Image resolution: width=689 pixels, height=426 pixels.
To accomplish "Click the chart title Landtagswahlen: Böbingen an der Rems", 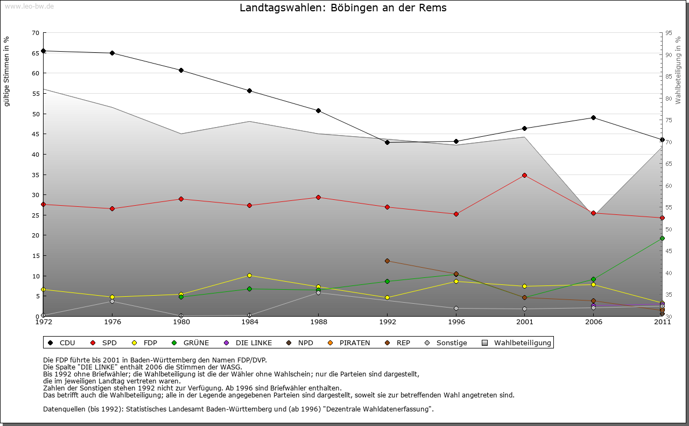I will [x=343, y=8].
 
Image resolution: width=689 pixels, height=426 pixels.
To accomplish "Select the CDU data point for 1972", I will [x=43, y=51].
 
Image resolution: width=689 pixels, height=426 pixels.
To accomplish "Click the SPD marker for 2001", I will [x=524, y=176].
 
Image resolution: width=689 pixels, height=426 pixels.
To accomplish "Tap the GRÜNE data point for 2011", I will [x=662, y=239].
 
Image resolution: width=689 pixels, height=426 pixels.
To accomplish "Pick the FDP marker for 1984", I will [x=250, y=276].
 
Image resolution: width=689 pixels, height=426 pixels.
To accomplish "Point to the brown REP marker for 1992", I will [x=387, y=261].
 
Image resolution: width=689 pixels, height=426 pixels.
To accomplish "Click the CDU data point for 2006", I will [x=593, y=117].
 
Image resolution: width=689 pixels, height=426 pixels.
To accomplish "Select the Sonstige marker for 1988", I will [x=318, y=292].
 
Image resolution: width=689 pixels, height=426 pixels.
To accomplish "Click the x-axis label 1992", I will [x=387, y=322].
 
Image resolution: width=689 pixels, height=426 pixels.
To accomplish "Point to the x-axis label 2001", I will [x=524, y=322].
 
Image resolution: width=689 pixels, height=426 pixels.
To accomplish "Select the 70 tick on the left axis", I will [x=36, y=33].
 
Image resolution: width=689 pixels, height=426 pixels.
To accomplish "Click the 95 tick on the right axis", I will [x=669, y=33].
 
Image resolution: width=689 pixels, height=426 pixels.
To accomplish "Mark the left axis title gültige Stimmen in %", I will [x=6, y=71].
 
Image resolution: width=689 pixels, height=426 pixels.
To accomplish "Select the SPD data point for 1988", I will [x=318, y=198].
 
